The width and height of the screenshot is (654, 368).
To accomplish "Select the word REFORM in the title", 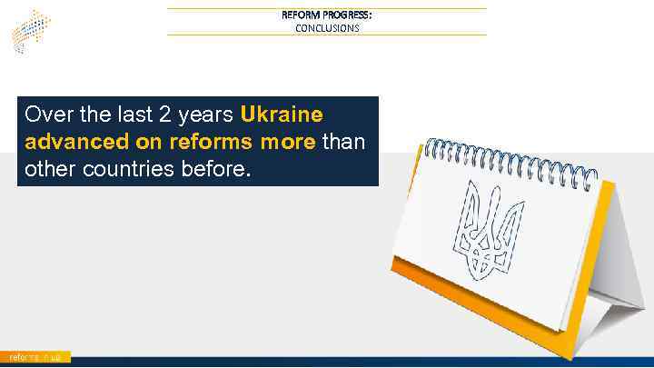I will click(x=299, y=15).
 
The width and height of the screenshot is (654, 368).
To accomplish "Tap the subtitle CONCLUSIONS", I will click(x=327, y=28).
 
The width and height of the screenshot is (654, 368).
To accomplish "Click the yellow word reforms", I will click(x=195, y=143).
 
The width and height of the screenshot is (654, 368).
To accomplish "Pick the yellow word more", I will click(x=286, y=143).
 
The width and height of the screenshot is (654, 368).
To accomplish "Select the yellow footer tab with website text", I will click(x=35, y=358).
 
